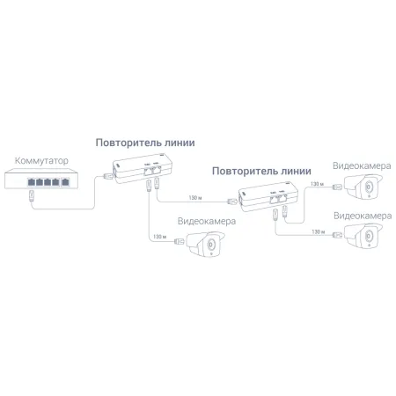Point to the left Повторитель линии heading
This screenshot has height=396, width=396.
coord(145,143)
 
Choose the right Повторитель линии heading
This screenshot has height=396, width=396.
coord(262,170)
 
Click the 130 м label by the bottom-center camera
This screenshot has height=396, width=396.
coord(159,236)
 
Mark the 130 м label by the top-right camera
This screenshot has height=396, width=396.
coord(312,185)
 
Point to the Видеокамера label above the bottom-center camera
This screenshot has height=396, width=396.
coord(206,222)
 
